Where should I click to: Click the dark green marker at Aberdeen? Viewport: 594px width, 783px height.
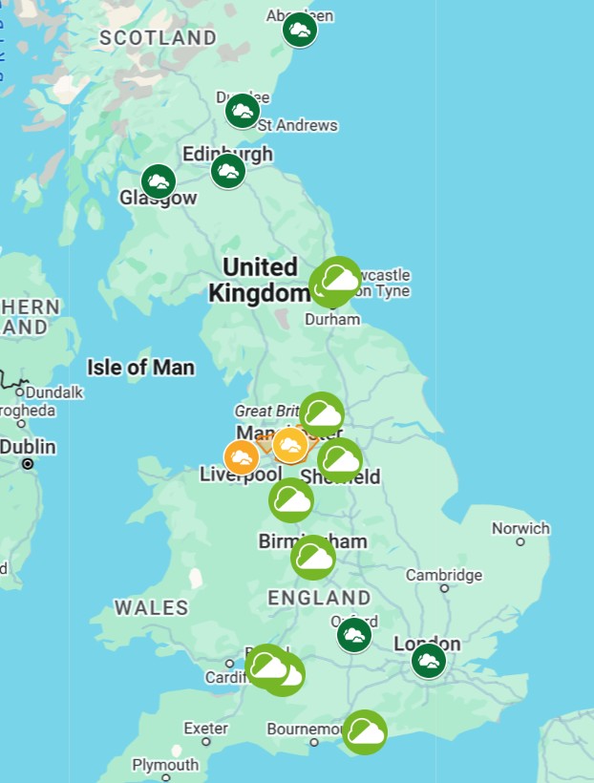[300, 31]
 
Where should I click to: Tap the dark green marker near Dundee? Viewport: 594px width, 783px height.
[243, 112]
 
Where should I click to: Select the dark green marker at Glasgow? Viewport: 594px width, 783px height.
[159, 181]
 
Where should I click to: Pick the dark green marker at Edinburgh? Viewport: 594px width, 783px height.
[228, 172]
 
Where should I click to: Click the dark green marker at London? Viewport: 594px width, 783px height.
[429, 660]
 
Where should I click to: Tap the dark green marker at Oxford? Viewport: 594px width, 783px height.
[354, 635]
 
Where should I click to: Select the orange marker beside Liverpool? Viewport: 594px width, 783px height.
[242, 458]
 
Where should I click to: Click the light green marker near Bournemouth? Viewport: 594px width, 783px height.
[365, 732]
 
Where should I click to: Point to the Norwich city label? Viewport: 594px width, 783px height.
[520, 528]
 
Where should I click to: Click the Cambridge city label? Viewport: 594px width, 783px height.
[443, 575]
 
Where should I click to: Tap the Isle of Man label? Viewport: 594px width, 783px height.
[140, 368]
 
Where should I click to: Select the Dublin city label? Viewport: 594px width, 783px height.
[28, 447]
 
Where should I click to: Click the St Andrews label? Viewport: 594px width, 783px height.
[297, 125]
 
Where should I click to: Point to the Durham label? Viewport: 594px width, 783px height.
[332, 319]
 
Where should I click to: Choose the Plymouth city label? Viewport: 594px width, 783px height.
[165, 765]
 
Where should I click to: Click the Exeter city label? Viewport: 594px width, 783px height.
[205, 729]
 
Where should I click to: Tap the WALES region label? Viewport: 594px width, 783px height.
[151, 607]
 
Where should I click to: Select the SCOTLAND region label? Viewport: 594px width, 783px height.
[158, 38]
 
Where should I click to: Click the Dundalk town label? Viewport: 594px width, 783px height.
[54, 391]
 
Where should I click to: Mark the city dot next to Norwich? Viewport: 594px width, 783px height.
[520, 542]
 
